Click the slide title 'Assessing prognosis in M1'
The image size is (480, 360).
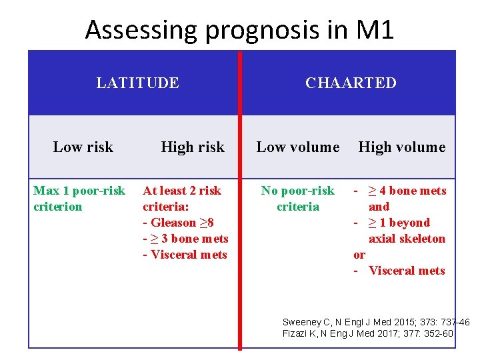pyautogui.click(x=239, y=30)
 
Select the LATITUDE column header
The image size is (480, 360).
pyautogui.click(x=137, y=83)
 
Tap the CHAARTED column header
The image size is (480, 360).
pyautogui.click(x=351, y=83)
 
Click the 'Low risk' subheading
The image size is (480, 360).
pyautogui.click(x=83, y=147)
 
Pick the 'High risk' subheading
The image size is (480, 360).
pyautogui.click(x=192, y=147)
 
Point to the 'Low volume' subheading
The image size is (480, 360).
pyautogui.click(x=297, y=147)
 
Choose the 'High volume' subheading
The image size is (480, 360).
pyautogui.click(x=401, y=147)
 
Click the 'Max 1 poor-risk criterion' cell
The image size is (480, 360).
pyautogui.click(x=79, y=199)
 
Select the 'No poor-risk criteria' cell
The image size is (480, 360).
pyautogui.click(x=297, y=199)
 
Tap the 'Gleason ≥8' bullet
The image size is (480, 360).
pyautogui.click(x=179, y=223)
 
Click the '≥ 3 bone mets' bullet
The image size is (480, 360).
pyautogui.click(x=186, y=239)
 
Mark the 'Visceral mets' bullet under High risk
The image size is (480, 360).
pyautogui.click(x=185, y=255)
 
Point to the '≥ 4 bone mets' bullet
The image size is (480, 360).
pyautogui.click(x=407, y=191)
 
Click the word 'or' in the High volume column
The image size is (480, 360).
pyautogui.click(x=359, y=255)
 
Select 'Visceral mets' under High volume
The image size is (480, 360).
pyautogui.click(x=406, y=271)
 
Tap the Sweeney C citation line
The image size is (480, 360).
pyautogui.click(x=375, y=322)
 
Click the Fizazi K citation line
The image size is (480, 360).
pyautogui.click(x=368, y=333)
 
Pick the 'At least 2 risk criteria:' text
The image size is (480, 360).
pyautogui.click(x=181, y=199)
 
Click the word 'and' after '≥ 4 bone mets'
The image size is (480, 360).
pyautogui.click(x=379, y=207)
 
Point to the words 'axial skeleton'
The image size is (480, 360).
pyautogui.click(x=407, y=239)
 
